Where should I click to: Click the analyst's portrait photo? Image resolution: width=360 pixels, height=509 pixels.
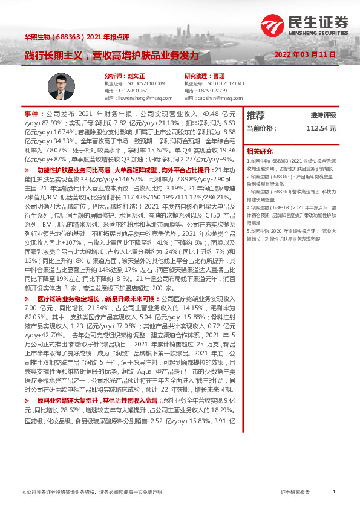click(x=56, y=88)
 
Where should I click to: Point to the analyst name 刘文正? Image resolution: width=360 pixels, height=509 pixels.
click(x=122, y=76)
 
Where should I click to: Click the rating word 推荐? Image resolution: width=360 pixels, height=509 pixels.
click(x=256, y=114)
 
